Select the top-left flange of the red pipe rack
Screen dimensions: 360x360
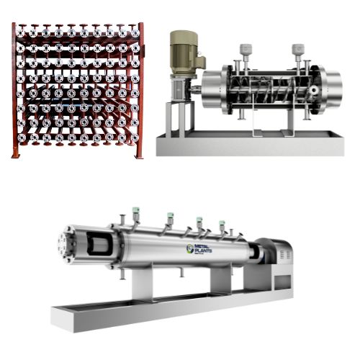22,32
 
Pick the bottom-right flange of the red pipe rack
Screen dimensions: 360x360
133,140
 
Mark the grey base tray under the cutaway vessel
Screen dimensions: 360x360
252,144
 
